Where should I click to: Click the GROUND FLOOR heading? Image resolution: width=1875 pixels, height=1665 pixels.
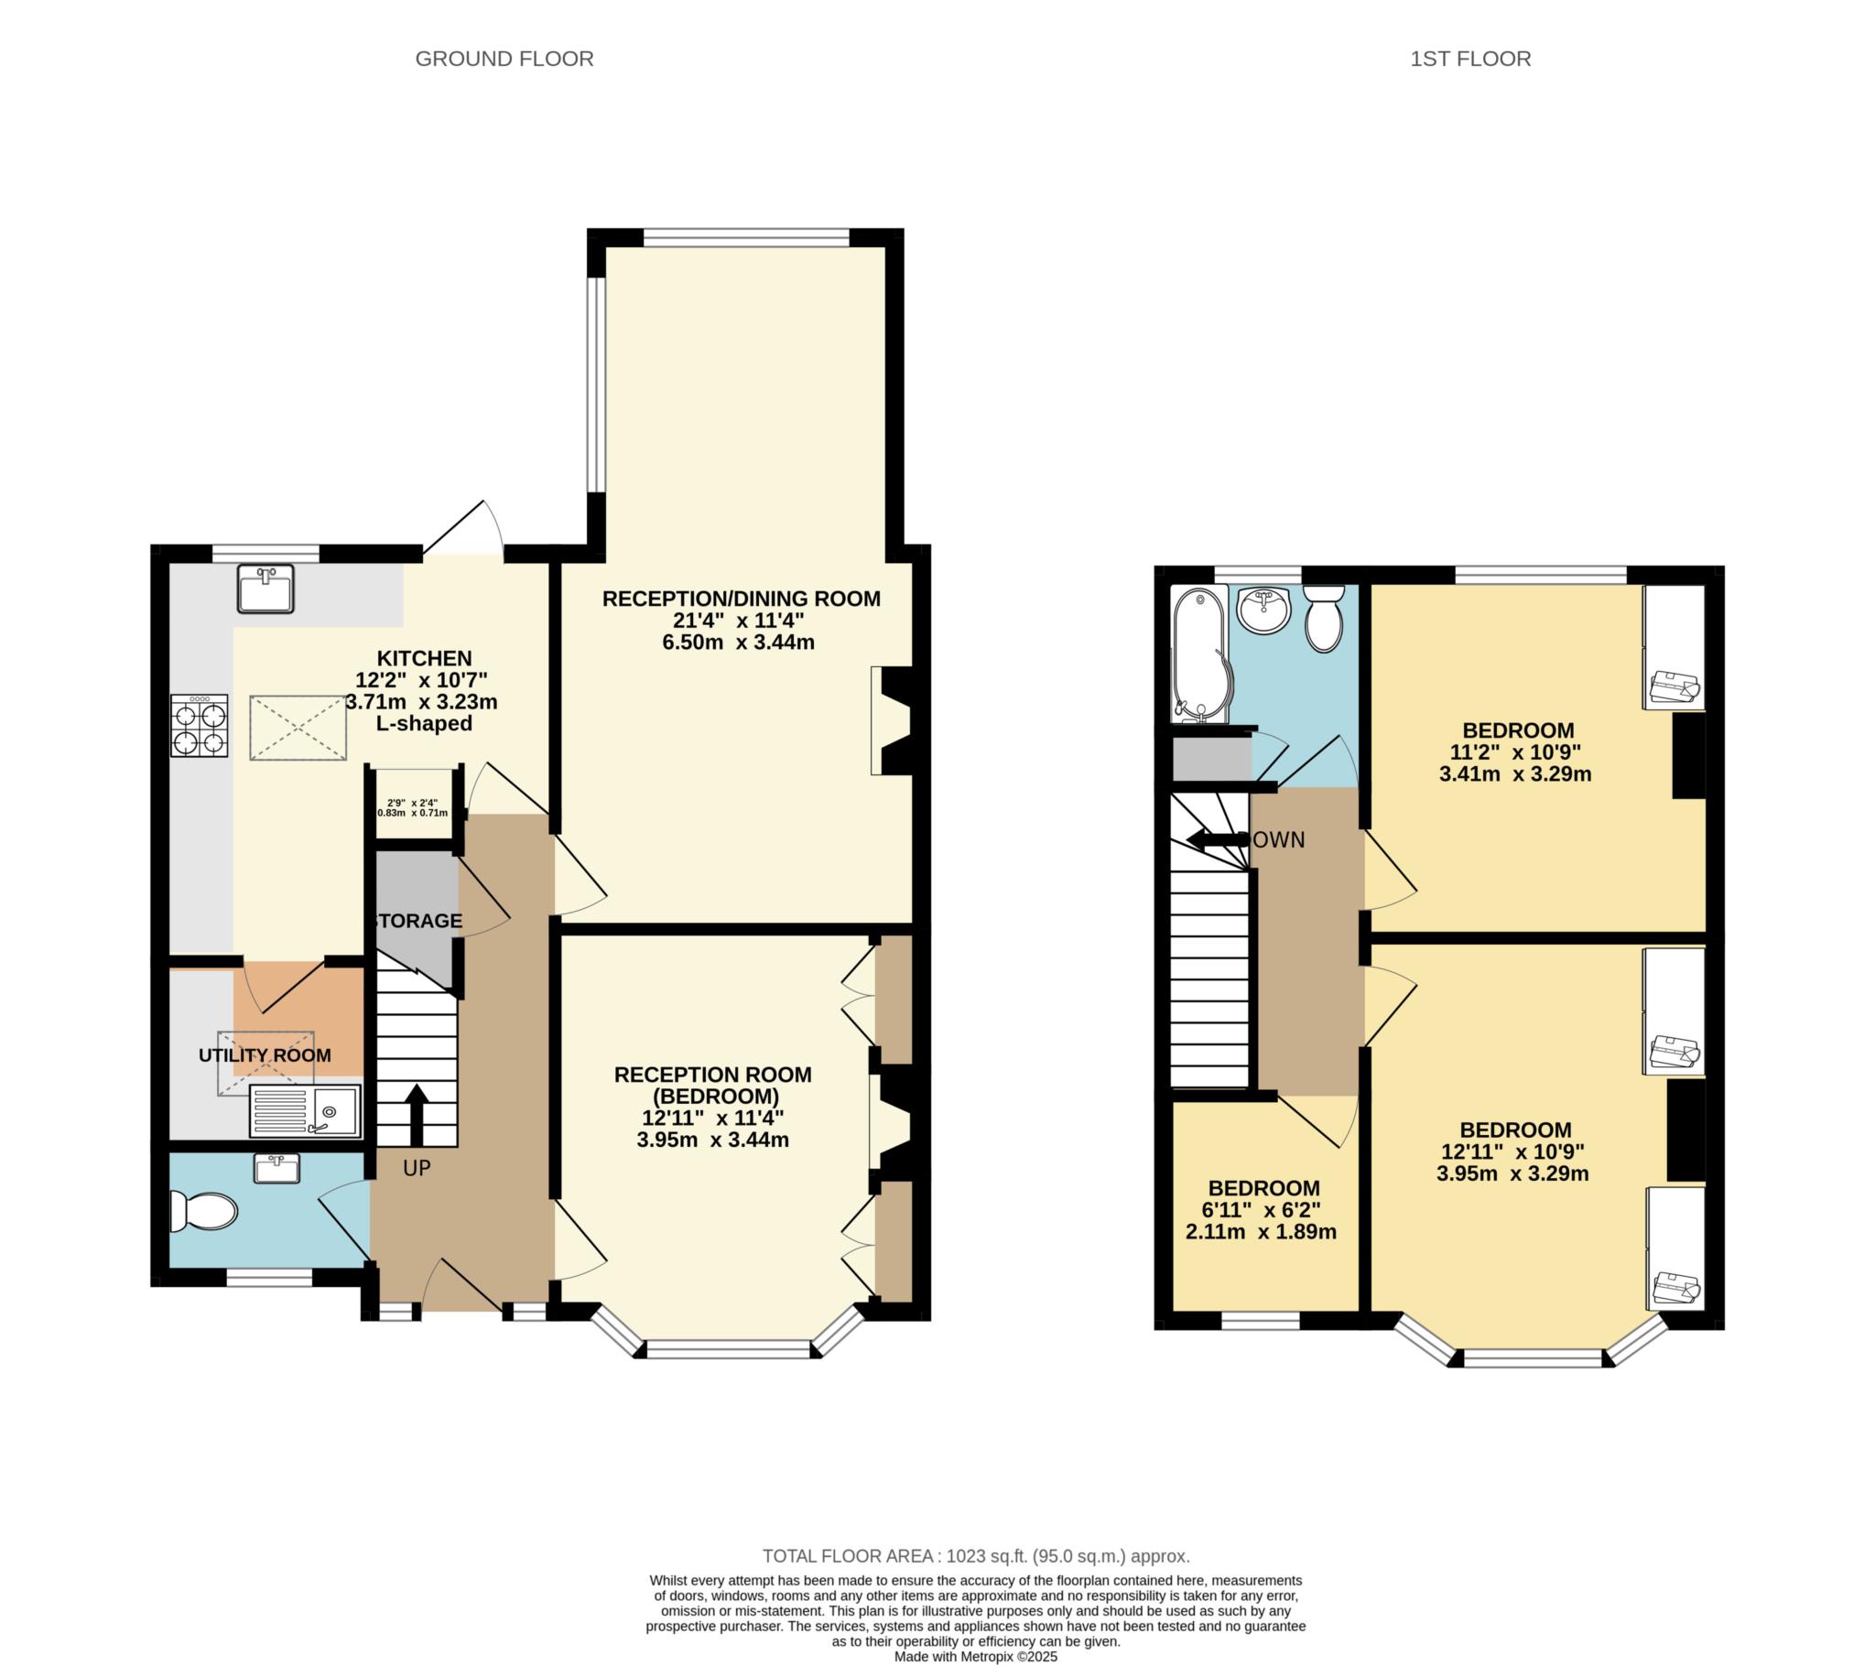pos(504,59)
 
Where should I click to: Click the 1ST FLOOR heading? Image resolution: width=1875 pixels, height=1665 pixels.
pos(1469,59)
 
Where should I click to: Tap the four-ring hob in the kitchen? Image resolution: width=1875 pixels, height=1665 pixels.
pos(199,725)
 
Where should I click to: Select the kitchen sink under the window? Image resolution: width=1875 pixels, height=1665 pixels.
pos(266,589)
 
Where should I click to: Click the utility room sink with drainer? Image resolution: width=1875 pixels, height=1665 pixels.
pos(305,1110)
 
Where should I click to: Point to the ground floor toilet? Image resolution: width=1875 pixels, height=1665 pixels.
pos(203,1211)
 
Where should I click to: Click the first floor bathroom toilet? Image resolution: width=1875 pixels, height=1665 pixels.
pos(1324,619)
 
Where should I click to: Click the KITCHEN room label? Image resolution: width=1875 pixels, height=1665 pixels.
pos(425,658)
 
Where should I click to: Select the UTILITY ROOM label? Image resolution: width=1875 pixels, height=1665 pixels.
pos(266,1055)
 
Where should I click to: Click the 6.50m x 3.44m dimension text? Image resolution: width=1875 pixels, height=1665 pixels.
pos(739,643)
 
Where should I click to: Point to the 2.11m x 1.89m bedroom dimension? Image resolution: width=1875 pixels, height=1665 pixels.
pos(1262,1232)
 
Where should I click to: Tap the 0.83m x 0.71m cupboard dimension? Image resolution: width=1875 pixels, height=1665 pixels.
pos(413,813)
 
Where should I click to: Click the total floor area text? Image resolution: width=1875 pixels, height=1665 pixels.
pos(976,1556)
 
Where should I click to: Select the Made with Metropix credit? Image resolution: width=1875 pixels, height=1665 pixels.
pos(976,1657)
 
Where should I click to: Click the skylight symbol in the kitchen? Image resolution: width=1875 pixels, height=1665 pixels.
pos(298,728)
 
